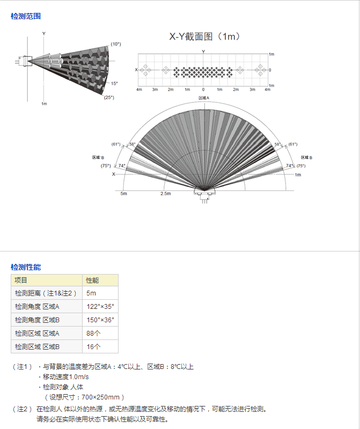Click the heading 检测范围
[26, 16]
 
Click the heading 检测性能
[26, 267]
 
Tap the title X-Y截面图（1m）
[205, 36]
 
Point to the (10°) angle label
[116, 44]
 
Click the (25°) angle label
[109, 98]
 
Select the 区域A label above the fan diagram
[204, 98]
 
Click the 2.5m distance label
[166, 194]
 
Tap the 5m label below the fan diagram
[124, 194]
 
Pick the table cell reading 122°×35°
[100, 306]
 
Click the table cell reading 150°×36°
[100, 320]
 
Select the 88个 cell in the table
[100, 333]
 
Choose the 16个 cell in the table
[100, 346]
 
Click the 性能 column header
[100, 280]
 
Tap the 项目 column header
[47, 280]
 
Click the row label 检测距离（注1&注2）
[46, 293]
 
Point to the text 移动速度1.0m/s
[65, 377]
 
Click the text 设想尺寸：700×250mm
[84, 397]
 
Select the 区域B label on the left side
[98, 157]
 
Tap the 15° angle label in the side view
[114, 84]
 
